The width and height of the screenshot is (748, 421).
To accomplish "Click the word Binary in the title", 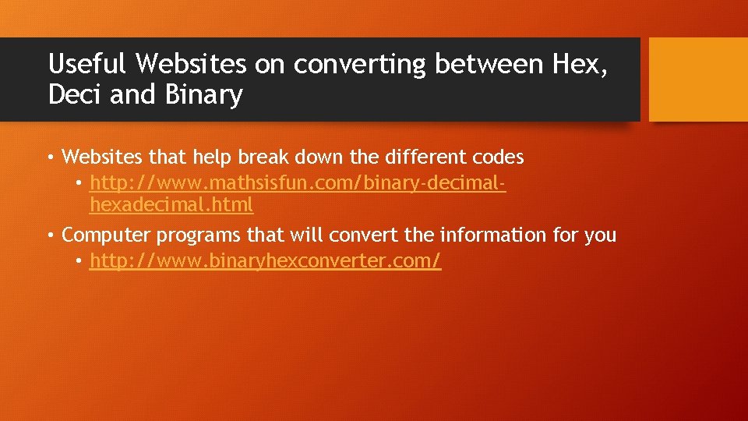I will pyautogui.click(x=203, y=95).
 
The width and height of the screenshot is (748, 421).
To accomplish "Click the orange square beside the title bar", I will pyautogui.click(x=698, y=80).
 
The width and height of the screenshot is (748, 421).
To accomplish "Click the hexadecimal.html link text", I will pyautogui.click(x=171, y=205).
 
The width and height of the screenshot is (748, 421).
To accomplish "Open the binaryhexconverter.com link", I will pyautogui.click(x=265, y=261).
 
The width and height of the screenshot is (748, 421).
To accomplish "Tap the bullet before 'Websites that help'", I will pyautogui.click(x=49, y=157).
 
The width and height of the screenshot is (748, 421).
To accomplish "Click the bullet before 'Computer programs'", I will pyautogui.click(x=49, y=235).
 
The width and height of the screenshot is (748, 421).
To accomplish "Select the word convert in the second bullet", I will pyautogui.click(x=365, y=235).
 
